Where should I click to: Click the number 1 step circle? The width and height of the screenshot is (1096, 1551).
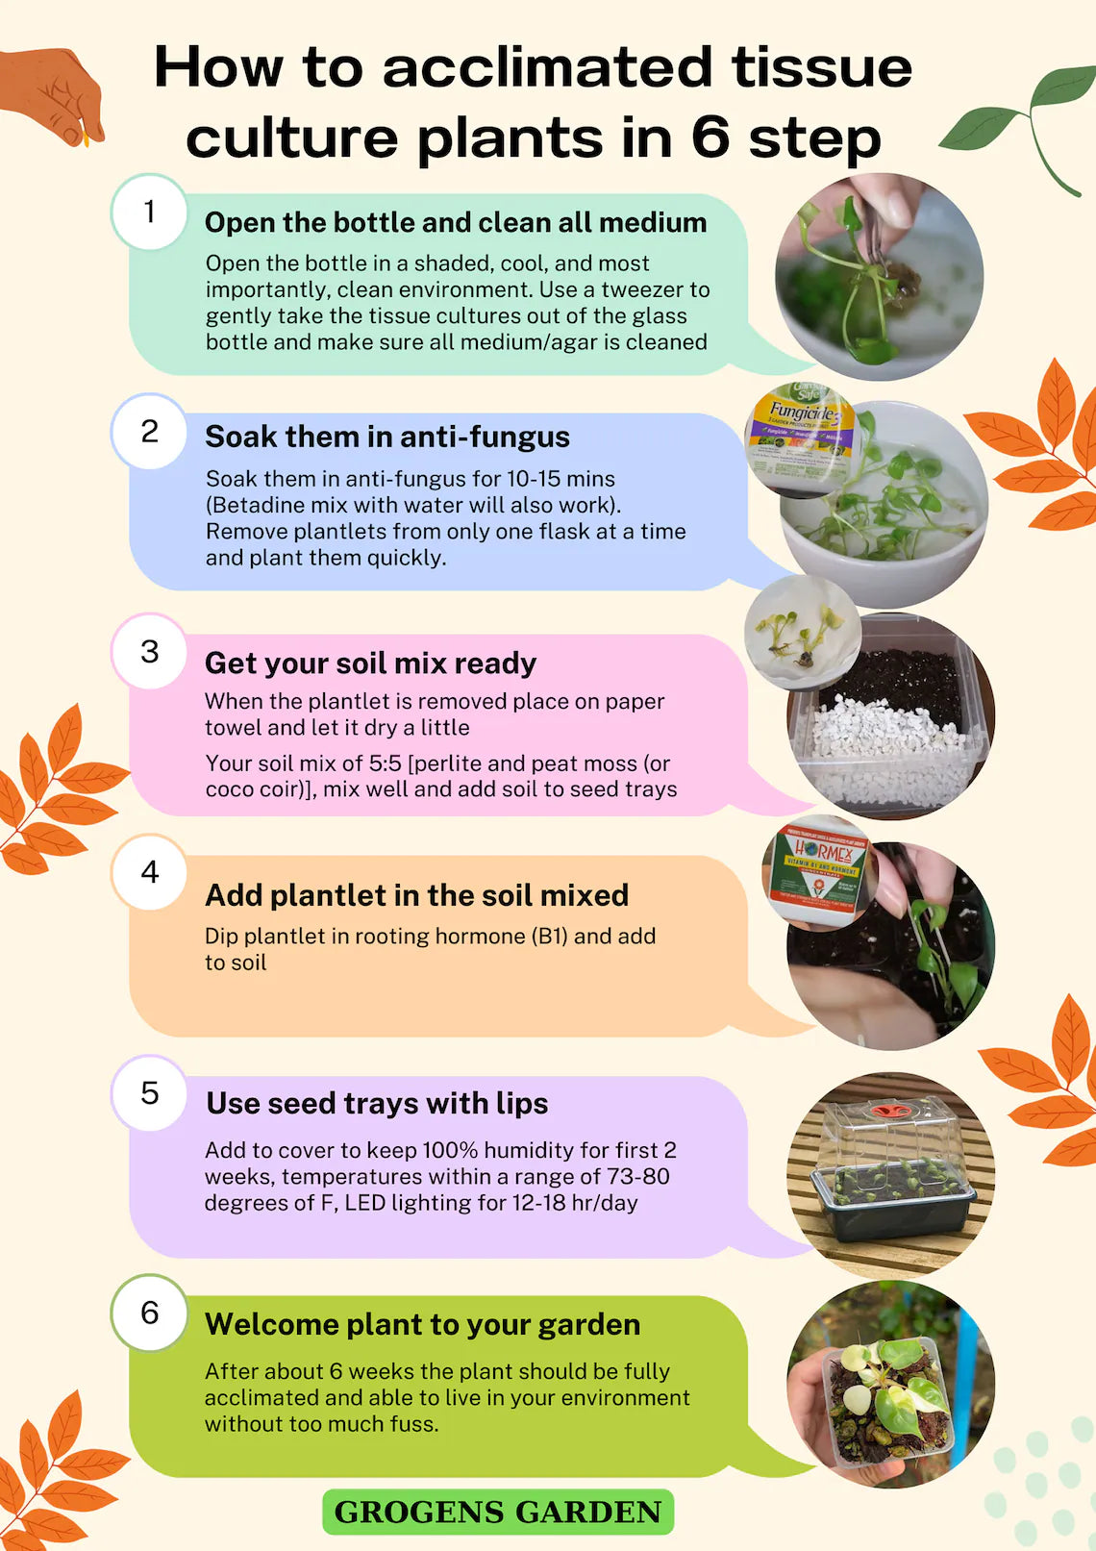pos(149,212)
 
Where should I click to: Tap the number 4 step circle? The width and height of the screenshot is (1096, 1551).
pos(149,872)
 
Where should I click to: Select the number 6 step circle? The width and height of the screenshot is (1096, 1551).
pos(149,1313)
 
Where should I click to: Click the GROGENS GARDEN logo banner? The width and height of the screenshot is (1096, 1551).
pos(498,1512)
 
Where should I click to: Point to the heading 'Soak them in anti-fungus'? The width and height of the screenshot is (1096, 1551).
pos(387,437)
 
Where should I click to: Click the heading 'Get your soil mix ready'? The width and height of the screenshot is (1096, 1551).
pos(370,663)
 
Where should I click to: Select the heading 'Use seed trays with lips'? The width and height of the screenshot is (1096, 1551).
pos(377,1103)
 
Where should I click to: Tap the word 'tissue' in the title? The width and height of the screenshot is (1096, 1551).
pos(821,67)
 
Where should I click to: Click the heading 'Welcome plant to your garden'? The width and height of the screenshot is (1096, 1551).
pos(422,1324)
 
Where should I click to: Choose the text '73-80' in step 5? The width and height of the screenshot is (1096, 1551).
pos(637,1176)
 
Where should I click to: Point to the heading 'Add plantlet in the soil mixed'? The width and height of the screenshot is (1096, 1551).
pos(416,895)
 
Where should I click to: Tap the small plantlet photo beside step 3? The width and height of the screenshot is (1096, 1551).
pos(801,632)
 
